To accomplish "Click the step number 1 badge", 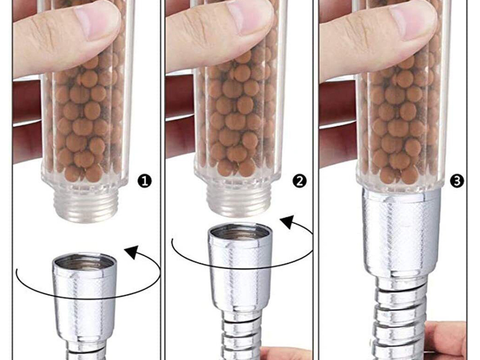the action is [144, 181].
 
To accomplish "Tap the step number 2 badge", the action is [300, 181].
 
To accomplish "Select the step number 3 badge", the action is [456, 181].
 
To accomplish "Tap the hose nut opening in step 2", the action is [240, 233].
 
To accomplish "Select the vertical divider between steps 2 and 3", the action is [316, 180].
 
